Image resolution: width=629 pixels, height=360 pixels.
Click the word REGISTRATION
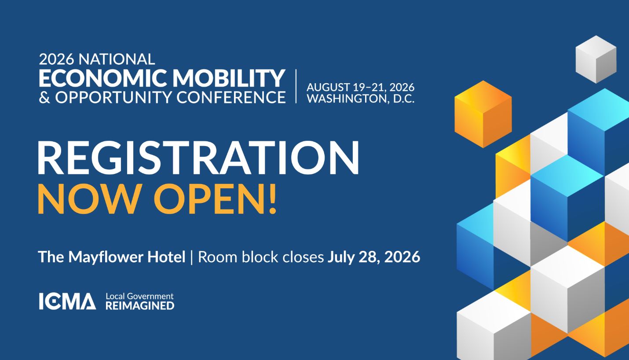coord(198,158)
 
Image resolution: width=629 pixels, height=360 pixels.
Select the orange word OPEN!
coord(215,198)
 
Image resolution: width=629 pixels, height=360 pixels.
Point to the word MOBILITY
coord(229,78)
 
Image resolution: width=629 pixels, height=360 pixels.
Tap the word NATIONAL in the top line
coord(117,59)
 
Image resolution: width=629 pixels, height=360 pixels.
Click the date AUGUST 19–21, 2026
coord(360,88)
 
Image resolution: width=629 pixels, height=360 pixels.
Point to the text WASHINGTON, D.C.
coord(360,98)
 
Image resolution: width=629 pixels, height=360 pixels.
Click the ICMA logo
coord(67,301)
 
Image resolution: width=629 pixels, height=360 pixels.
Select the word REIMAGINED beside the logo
coord(140,305)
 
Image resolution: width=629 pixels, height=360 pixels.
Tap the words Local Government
coord(139,296)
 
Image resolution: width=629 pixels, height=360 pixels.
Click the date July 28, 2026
coord(374,257)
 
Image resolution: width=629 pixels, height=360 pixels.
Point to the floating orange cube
coord(483,114)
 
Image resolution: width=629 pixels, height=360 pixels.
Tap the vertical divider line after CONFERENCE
coord(296,86)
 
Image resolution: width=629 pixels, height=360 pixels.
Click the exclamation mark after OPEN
coord(272,198)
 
